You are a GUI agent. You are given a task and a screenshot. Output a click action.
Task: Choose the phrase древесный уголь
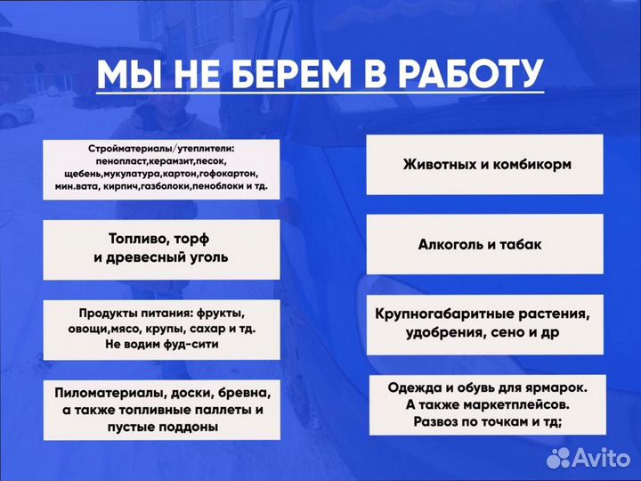(x=161, y=257)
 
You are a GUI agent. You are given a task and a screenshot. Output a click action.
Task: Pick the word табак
(x=523, y=244)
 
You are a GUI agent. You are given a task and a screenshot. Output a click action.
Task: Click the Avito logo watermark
(x=588, y=458)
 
